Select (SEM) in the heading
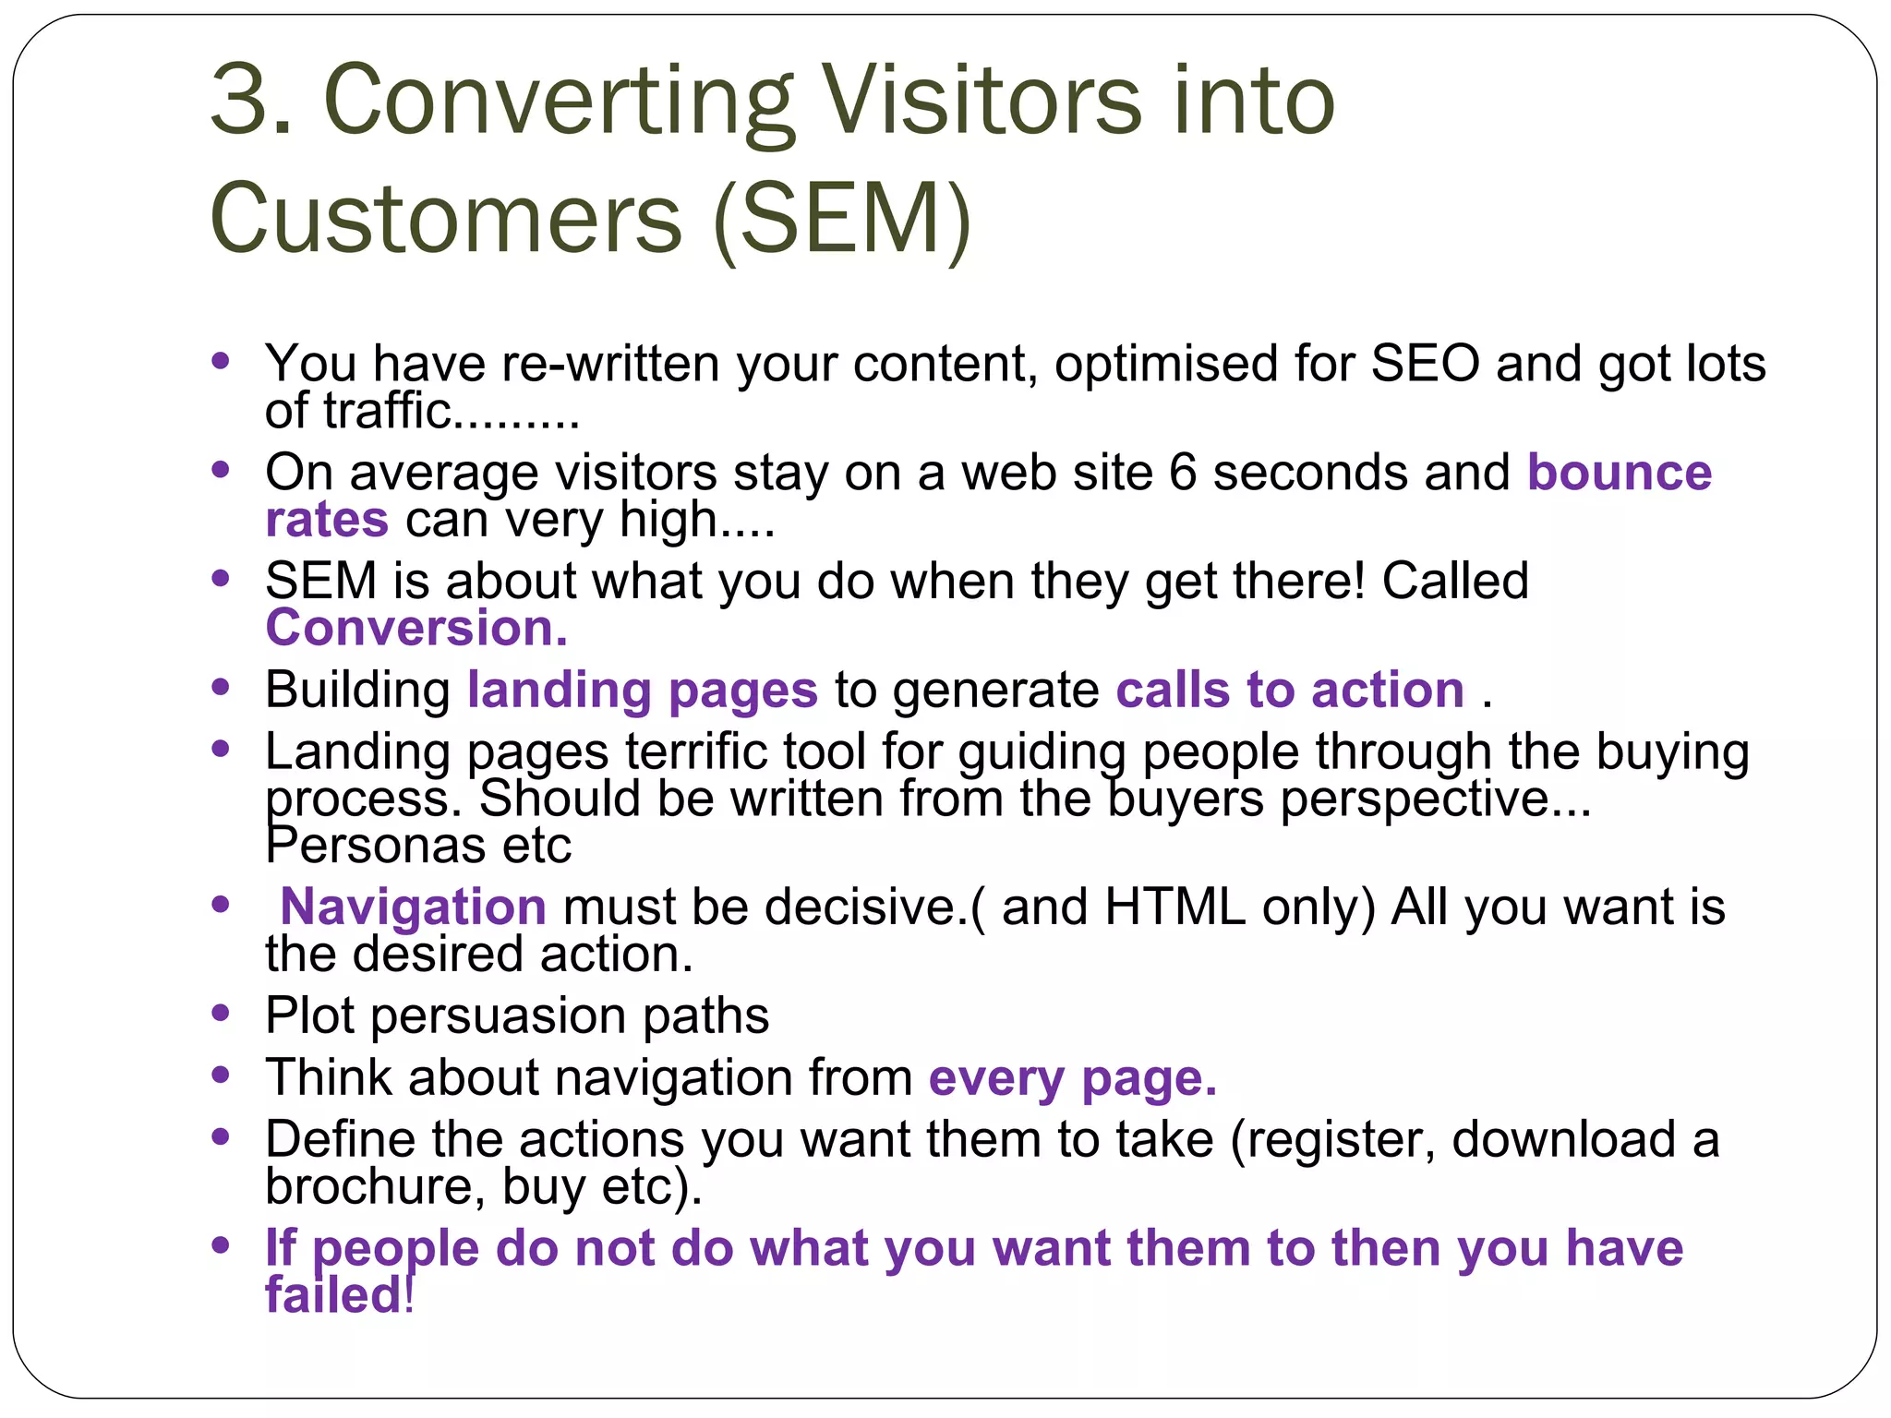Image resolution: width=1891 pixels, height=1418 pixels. coord(842,220)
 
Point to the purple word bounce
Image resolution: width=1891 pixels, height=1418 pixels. coord(1620,473)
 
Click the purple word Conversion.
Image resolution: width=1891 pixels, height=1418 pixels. coord(416,629)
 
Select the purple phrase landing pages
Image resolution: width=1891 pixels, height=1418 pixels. coord(643,691)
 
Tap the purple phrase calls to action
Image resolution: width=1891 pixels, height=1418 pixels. coord(1290,691)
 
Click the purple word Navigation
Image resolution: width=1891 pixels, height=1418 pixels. coord(413,907)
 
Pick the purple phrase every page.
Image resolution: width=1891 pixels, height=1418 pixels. coord(1073,1078)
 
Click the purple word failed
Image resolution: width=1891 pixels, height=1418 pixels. coord(333,1294)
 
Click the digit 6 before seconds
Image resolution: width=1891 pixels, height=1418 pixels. coord(1183,473)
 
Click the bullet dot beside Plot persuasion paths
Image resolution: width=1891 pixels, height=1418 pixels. coord(220,1014)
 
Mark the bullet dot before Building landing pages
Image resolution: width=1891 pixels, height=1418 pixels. coord(220,688)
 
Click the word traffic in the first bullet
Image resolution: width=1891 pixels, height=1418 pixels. coord(387,410)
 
